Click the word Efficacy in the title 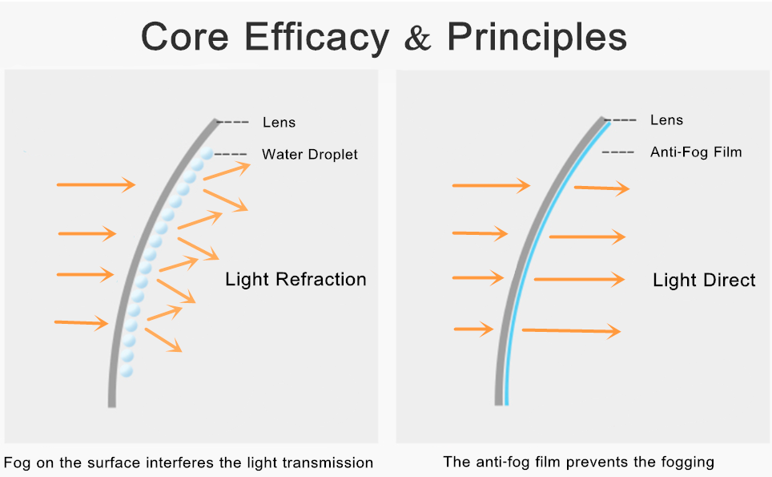pos(316,38)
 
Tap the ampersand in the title pos(417,38)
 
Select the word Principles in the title pos(537,38)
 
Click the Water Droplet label pos(310,154)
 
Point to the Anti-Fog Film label pos(696,152)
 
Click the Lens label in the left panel pos(279,122)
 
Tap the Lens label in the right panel pos(666,119)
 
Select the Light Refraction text pos(296,280)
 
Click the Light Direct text pos(704,280)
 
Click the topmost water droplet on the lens pos(207,154)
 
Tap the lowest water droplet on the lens pos(127,370)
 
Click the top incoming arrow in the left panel pos(96,185)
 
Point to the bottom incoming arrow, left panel pos(81,323)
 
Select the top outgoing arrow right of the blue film pos(601,188)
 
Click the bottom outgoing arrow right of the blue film pos(571,330)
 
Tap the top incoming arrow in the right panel pos(492,185)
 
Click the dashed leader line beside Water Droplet pos(231,154)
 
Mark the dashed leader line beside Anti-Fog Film pos(618,152)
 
